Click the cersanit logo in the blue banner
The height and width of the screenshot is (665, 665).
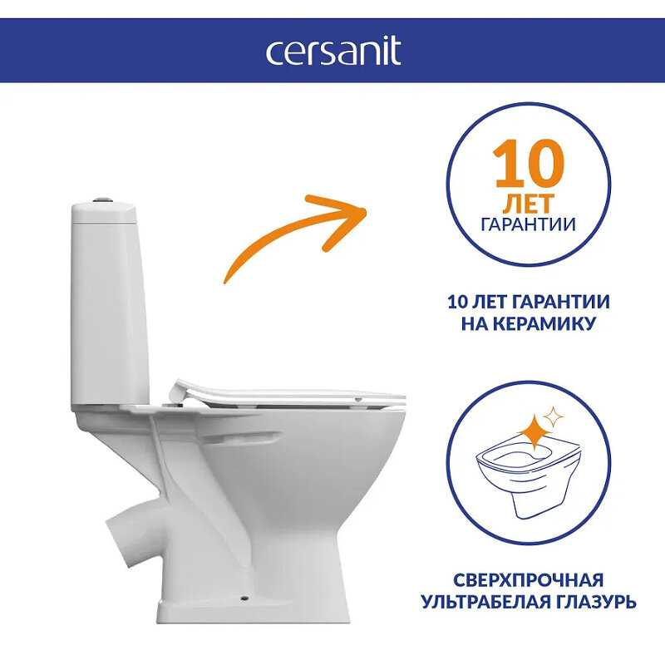coord(333,51)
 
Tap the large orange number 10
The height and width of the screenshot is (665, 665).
coord(529,164)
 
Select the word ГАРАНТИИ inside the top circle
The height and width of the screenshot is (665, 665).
coord(529,224)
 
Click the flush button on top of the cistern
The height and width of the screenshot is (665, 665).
coord(102,199)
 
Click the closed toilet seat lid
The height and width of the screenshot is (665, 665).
coord(288,393)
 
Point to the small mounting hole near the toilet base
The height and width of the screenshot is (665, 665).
coord(244,598)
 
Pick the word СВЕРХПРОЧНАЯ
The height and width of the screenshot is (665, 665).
coord(529,579)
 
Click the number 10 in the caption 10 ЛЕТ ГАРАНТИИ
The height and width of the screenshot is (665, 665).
coord(457,302)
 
